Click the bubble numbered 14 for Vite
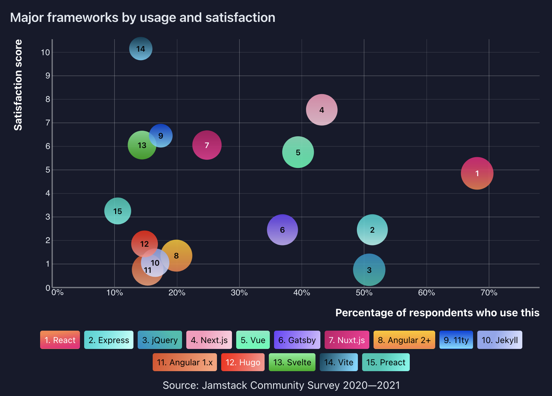141,49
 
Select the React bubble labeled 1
477,173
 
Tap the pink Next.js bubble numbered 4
322,110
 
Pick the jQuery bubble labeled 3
369,270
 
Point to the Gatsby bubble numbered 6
282,230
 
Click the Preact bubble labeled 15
117,211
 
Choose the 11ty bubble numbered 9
161,135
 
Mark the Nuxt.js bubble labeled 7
207,145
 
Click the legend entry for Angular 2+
404,340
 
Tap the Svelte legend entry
292,362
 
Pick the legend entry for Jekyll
499,340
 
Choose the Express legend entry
109,340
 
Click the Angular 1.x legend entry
185,362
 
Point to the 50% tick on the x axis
364,293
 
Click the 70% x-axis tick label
489,293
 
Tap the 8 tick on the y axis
48,99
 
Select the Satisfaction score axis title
18,85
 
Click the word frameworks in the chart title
83,18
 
